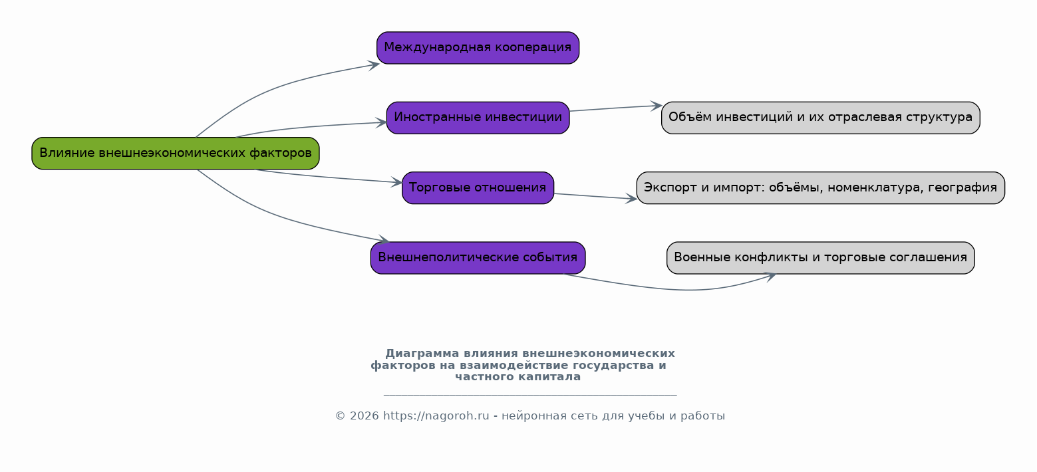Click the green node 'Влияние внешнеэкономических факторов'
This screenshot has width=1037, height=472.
click(x=176, y=153)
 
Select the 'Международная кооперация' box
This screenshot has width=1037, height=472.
click(x=478, y=48)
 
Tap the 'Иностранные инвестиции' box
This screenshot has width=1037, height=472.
click(x=478, y=118)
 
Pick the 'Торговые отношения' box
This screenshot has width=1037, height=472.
click(x=478, y=188)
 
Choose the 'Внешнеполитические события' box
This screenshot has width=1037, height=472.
click(x=478, y=258)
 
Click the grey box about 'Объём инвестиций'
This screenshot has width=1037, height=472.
click(x=820, y=118)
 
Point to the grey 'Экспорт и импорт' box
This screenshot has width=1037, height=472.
click(x=820, y=188)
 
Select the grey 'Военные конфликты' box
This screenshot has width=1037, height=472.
click(x=820, y=258)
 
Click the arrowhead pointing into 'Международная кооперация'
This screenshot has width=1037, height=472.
click(x=374, y=65)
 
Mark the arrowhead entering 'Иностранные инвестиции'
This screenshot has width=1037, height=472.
click(x=381, y=122)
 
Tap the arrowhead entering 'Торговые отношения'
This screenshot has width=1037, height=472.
click(x=396, y=182)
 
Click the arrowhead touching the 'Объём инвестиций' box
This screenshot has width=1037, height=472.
click(x=656, y=106)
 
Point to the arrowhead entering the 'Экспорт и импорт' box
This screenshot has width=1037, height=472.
click(x=631, y=199)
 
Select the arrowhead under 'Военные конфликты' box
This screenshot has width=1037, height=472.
click(x=770, y=277)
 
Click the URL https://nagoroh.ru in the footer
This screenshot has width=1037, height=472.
click(x=436, y=416)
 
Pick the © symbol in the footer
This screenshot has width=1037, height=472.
click(x=341, y=416)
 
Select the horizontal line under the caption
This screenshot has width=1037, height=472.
click(x=530, y=395)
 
